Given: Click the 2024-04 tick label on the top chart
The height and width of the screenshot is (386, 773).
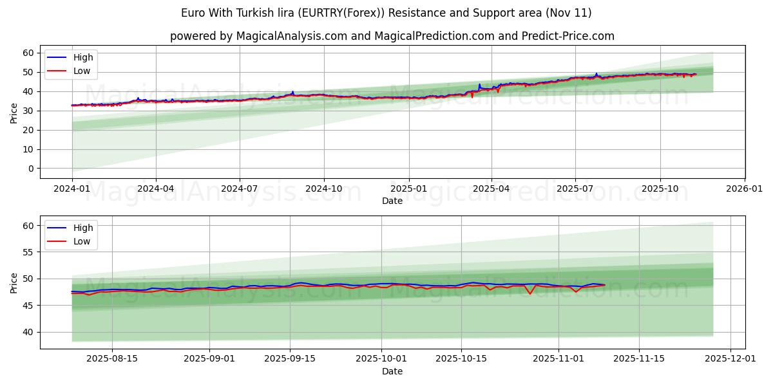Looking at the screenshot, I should (156, 188).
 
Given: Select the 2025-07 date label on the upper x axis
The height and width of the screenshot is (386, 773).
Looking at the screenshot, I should (575, 188).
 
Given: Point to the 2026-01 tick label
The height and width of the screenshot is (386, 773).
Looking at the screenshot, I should (744, 188).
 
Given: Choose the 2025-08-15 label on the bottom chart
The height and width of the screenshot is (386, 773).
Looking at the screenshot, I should (112, 359).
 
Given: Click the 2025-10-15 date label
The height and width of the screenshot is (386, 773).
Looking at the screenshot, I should (461, 359).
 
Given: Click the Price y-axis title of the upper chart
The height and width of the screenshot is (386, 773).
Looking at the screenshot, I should (14, 113).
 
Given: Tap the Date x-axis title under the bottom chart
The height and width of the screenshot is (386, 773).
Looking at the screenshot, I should (392, 371).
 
